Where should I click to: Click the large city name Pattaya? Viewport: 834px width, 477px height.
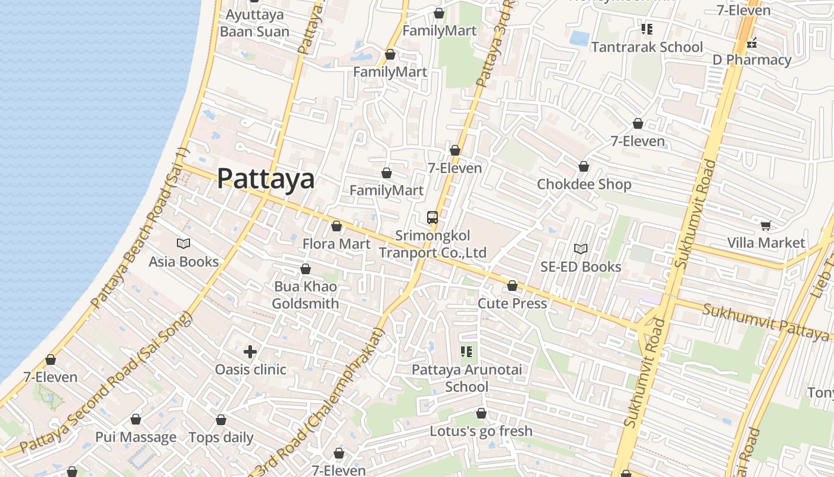266,178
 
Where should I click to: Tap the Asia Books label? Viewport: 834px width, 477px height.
183,262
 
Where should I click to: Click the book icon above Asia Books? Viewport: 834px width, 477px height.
183,243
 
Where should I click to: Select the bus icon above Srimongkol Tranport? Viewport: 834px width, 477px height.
432,217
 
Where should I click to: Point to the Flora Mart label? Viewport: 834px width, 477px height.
337,244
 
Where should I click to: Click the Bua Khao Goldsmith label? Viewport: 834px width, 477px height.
306,295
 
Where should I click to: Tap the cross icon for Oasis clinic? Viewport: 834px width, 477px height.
250,352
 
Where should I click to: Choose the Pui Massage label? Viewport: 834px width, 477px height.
136,437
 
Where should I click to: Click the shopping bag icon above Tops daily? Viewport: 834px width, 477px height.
221,420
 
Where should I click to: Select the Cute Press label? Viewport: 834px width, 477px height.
512,303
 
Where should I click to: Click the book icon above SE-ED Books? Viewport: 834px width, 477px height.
581,249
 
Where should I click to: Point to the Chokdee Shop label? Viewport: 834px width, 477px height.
584,184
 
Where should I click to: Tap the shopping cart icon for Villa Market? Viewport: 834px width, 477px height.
765,225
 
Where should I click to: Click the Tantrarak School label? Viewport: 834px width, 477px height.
647,47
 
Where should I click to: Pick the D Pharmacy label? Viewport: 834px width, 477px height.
752,60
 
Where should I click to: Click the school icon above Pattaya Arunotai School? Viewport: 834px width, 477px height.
466,352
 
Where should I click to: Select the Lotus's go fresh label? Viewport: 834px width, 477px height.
481,430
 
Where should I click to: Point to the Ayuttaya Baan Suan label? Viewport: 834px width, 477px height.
254,23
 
